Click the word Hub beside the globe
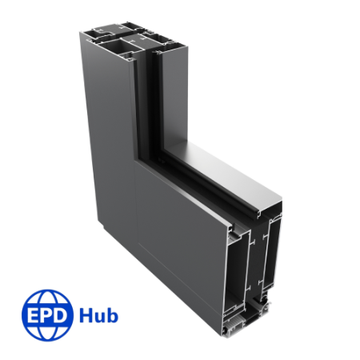(98, 314)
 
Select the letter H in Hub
(86, 314)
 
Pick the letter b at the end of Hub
(112, 314)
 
